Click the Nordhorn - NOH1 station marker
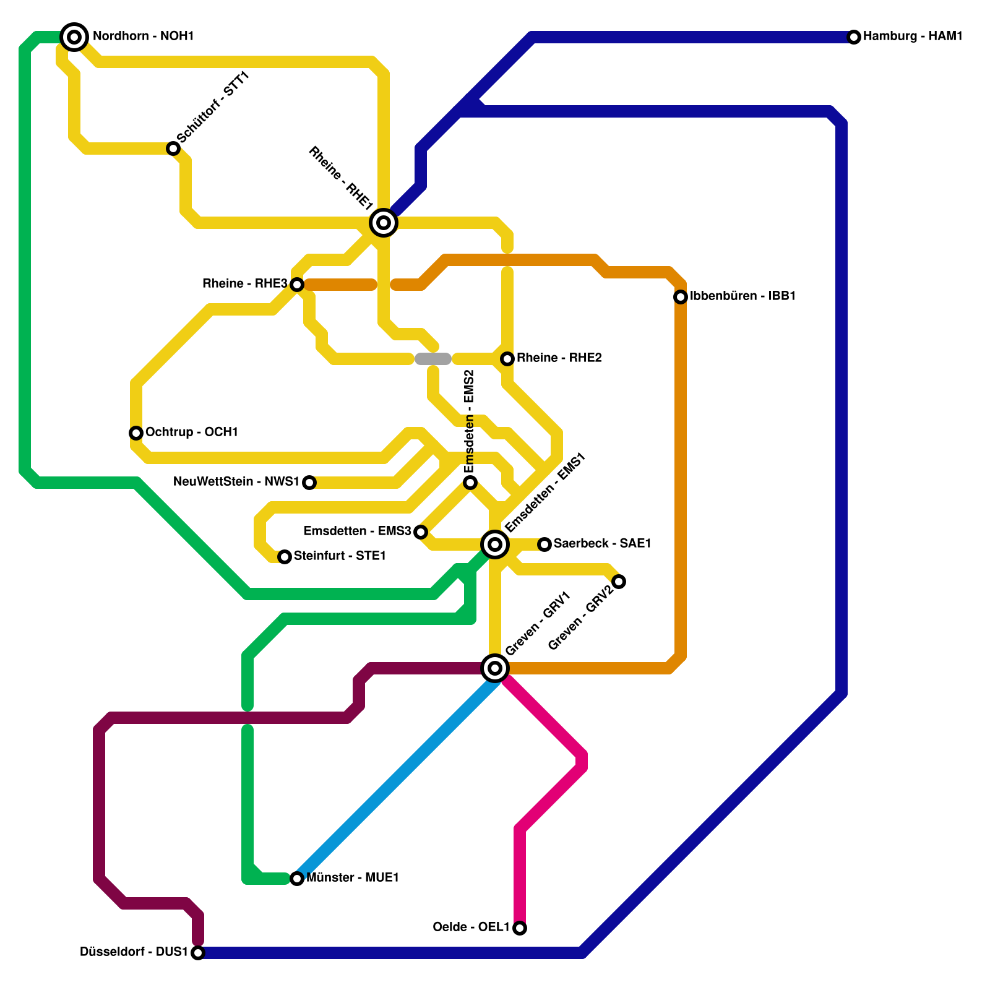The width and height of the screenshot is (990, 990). tap(74, 37)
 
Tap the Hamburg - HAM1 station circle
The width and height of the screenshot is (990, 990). tap(854, 37)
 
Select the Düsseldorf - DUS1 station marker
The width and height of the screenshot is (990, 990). tap(198, 953)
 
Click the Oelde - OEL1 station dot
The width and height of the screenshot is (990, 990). tap(520, 928)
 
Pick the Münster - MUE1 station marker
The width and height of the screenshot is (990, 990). tap(297, 879)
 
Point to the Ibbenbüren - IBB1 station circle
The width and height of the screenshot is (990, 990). tap(681, 297)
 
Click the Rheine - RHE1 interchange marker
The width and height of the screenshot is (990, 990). tap(384, 223)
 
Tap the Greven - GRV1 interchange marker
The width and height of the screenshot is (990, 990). tap(495, 668)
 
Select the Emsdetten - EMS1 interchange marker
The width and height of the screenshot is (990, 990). tap(495, 544)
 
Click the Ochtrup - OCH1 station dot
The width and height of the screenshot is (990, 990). tap(136, 433)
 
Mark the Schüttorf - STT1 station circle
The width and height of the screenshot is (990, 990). tap(173, 148)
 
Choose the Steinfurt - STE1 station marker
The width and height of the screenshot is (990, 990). tap(285, 557)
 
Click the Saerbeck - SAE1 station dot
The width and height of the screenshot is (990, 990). tap(544, 544)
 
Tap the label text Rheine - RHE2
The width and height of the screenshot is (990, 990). tap(559, 358)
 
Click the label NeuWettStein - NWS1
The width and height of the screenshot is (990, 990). tap(236, 482)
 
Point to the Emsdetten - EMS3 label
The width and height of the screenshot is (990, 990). tap(357, 532)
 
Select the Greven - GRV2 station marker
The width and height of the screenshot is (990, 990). tap(619, 582)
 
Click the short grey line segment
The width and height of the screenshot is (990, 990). tap(433, 359)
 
